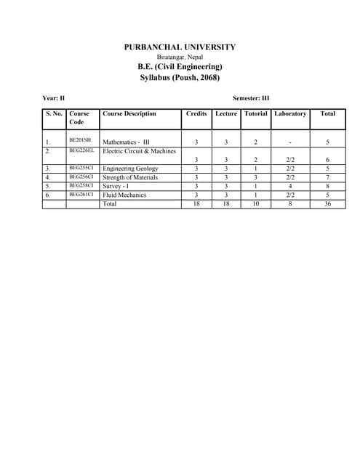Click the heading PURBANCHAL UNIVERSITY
(180, 47)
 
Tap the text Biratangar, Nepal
(180, 57)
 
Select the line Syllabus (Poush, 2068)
(180, 77)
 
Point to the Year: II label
(54, 97)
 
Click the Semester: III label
(251, 97)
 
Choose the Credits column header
(196, 114)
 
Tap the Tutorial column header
(256, 114)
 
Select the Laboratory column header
(290, 114)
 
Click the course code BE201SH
(79, 139)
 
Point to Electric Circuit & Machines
(140, 151)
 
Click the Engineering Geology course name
(130, 169)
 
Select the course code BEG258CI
(81, 185)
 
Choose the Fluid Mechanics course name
(124, 195)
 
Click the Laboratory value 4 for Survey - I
(290, 186)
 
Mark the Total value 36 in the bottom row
(328, 204)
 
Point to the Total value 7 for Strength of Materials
(328, 177)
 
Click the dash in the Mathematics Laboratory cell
(290, 142)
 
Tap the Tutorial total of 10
(256, 204)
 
